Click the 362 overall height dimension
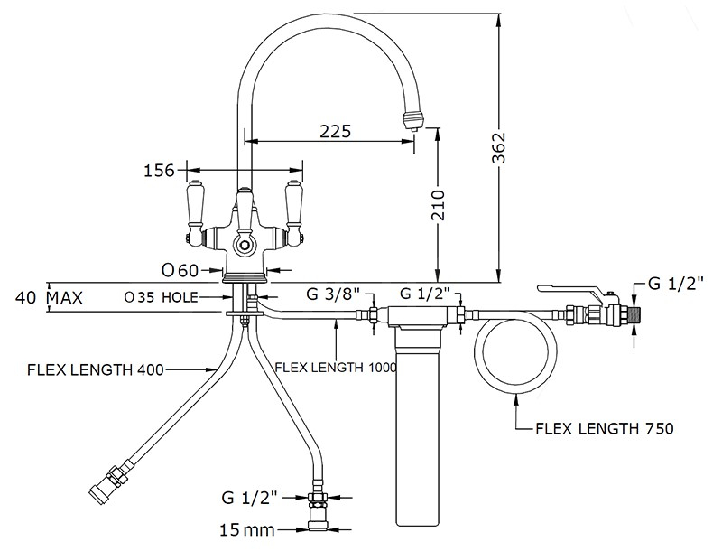tap(499, 147)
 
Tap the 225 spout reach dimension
tap(335, 131)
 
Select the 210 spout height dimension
tap(439, 205)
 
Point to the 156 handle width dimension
tap(160, 171)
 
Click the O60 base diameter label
tap(180, 270)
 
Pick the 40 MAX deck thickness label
tap(49, 297)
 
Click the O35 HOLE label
tap(161, 297)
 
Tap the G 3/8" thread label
tap(333, 294)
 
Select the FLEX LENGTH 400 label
tap(96, 370)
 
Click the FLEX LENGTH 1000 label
tap(335, 367)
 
